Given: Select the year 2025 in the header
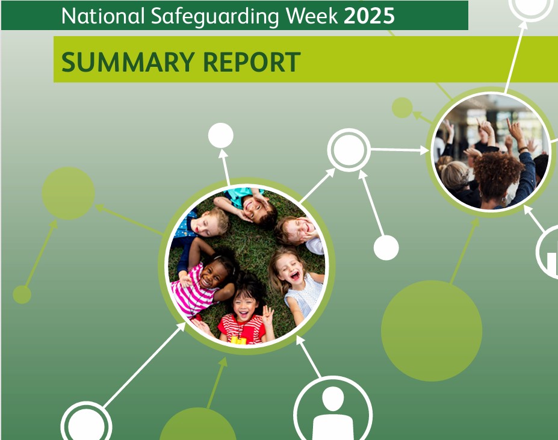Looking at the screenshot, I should click(369, 16).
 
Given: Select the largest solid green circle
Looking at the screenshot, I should click(432, 330).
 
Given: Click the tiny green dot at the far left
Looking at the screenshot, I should click(22, 294).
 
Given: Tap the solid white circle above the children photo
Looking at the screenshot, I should click(221, 135).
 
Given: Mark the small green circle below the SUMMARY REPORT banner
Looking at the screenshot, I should click(402, 108).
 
